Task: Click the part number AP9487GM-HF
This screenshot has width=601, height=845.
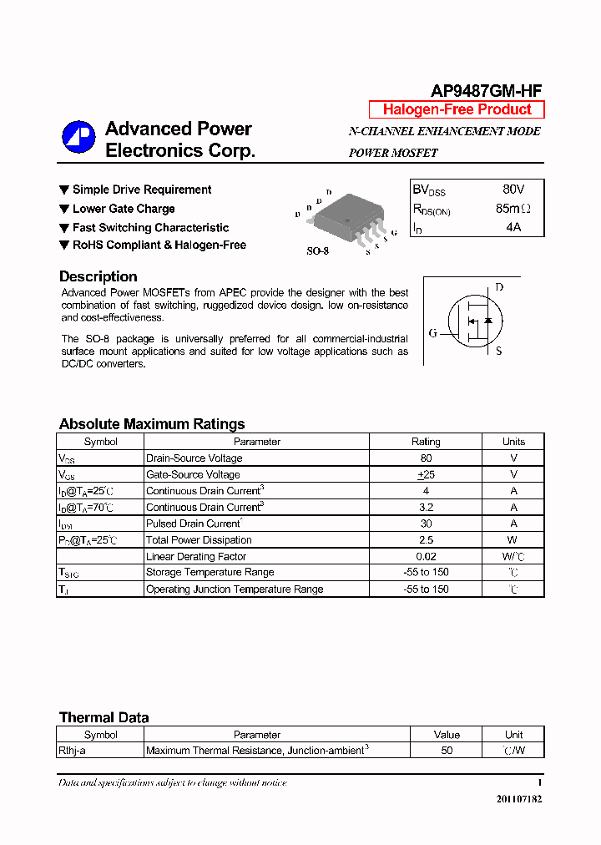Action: click(x=487, y=91)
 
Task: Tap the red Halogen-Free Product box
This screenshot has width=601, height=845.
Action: click(x=457, y=109)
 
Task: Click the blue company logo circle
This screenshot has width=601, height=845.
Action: click(x=78, y=138)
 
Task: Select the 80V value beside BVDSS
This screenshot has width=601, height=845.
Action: click(x=513, y=190)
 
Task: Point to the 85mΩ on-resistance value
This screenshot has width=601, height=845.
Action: click(x=513, y=209)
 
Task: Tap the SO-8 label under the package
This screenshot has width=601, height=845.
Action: click(x=318, y=250)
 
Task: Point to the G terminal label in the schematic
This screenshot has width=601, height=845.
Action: click(x=432, y=334)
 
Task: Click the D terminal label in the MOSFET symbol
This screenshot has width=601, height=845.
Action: click(x=499, y=288)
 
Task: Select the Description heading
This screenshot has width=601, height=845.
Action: click(x=98, y=276)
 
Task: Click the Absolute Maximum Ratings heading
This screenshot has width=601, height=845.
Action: click(x=152, y=424)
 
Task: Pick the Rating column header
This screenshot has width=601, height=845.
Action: click(x=426, y=442)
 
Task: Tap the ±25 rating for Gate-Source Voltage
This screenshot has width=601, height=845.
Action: click(x=426, y=474)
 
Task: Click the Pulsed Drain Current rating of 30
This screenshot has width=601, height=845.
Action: click(x=426, y=524)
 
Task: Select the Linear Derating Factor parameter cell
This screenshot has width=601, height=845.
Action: click(x=196, y=556)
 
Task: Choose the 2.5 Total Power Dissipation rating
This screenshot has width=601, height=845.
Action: click(x=426, y=540)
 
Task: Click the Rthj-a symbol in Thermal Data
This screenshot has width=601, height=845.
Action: click(x=73, y=751)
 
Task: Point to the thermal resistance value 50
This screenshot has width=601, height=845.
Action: click(x=447, y=751)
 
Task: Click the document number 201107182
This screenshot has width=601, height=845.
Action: click(x=518, y=799)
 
